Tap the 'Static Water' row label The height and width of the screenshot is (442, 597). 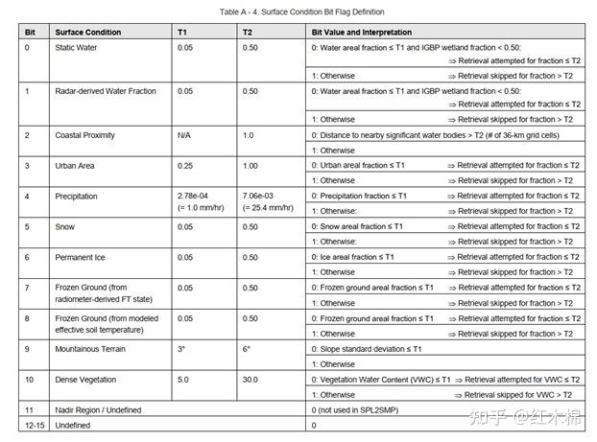coord(77,47)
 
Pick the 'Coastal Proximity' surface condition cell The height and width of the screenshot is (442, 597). coord(84,135)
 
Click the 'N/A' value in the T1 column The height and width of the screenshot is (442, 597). coord(185,135)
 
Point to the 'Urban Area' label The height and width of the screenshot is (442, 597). coord(75,165)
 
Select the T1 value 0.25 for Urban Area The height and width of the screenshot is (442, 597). coord(186,165)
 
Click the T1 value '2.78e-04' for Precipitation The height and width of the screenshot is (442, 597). coord(195,196)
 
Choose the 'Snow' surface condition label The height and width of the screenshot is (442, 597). coord(65,226)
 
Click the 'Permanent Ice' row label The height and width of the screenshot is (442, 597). coord(80,257)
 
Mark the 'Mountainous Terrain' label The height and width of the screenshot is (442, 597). coord(90,349)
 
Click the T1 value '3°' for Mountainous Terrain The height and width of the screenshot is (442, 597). coord(181,349)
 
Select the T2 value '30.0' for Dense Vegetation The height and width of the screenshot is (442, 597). coord(251,380)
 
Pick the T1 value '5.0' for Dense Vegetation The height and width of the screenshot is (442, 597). coord(184,380)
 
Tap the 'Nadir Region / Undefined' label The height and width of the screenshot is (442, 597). coord(98,410)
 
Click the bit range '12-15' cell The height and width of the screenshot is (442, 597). coord(35,424)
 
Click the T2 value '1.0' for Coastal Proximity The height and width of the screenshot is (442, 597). coord(249,135)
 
